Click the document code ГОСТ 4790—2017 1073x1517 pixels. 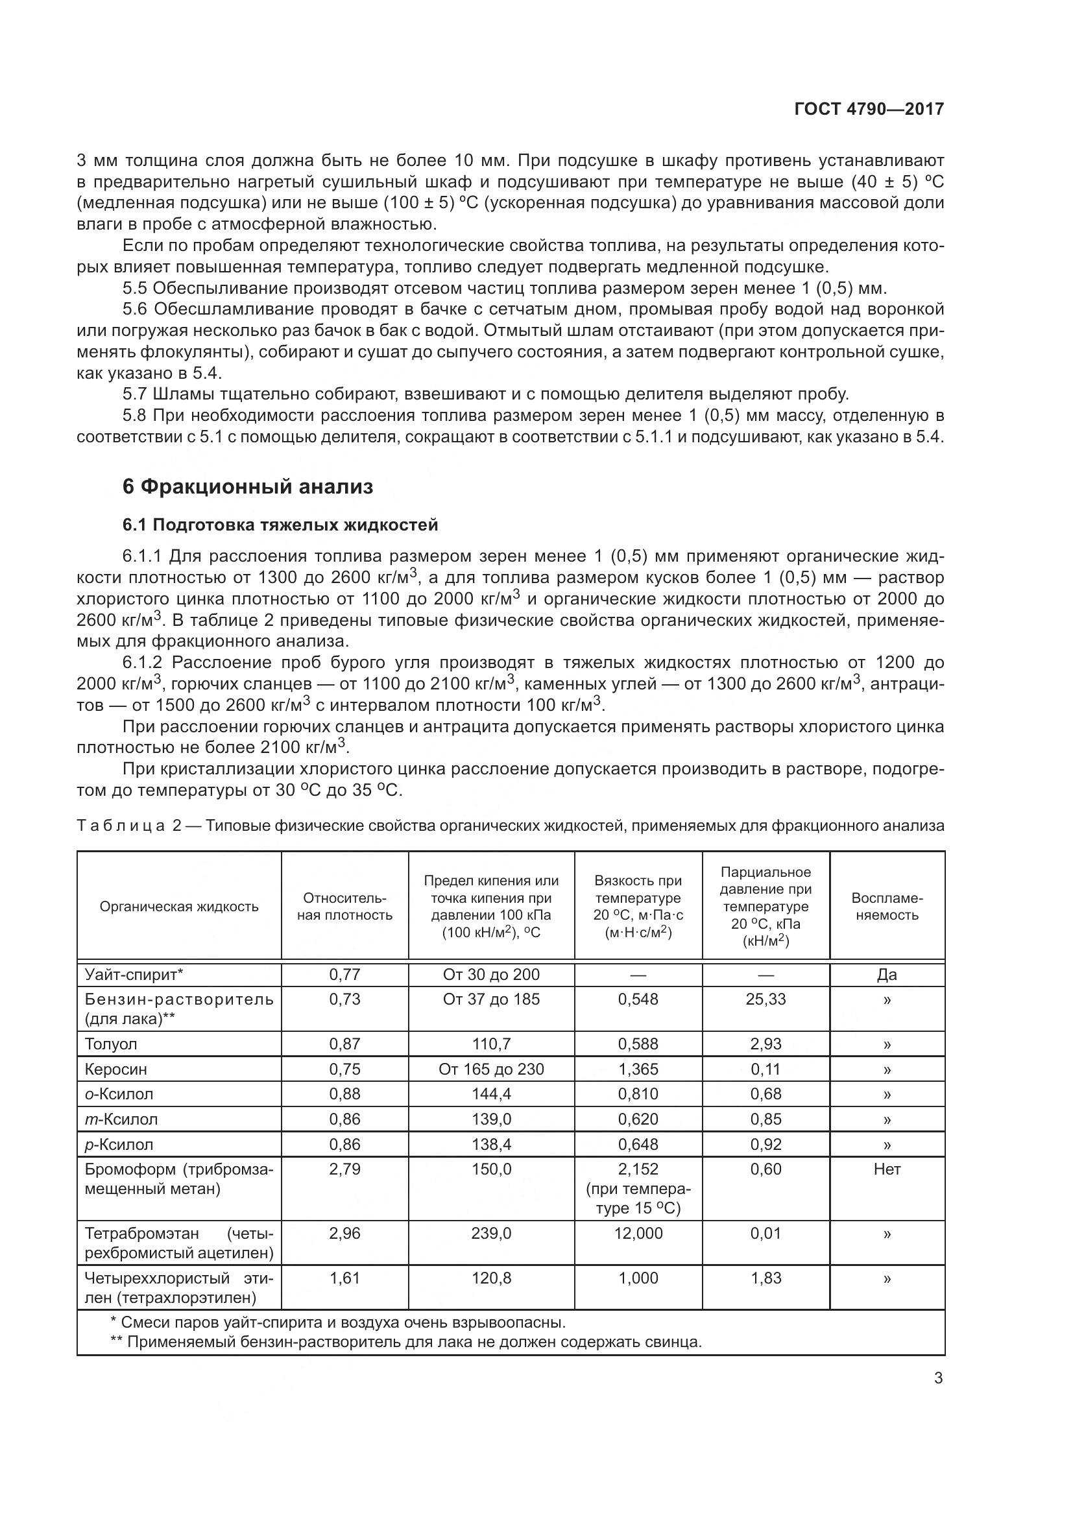869,109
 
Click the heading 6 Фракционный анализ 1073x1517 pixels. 248,487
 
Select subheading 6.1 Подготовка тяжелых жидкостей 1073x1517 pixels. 280,525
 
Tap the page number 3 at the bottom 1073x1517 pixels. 938,1378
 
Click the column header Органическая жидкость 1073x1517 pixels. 179,907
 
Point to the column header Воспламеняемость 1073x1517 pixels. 887,907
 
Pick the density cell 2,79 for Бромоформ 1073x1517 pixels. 345,1169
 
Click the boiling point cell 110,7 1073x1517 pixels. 491,1044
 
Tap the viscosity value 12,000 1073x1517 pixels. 638,1233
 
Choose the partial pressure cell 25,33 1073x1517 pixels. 766,999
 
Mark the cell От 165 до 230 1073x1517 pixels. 491,1069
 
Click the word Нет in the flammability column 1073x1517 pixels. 887,1169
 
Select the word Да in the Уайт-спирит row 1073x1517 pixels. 887,975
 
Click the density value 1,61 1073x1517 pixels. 345,1278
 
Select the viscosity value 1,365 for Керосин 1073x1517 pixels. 638,1069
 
